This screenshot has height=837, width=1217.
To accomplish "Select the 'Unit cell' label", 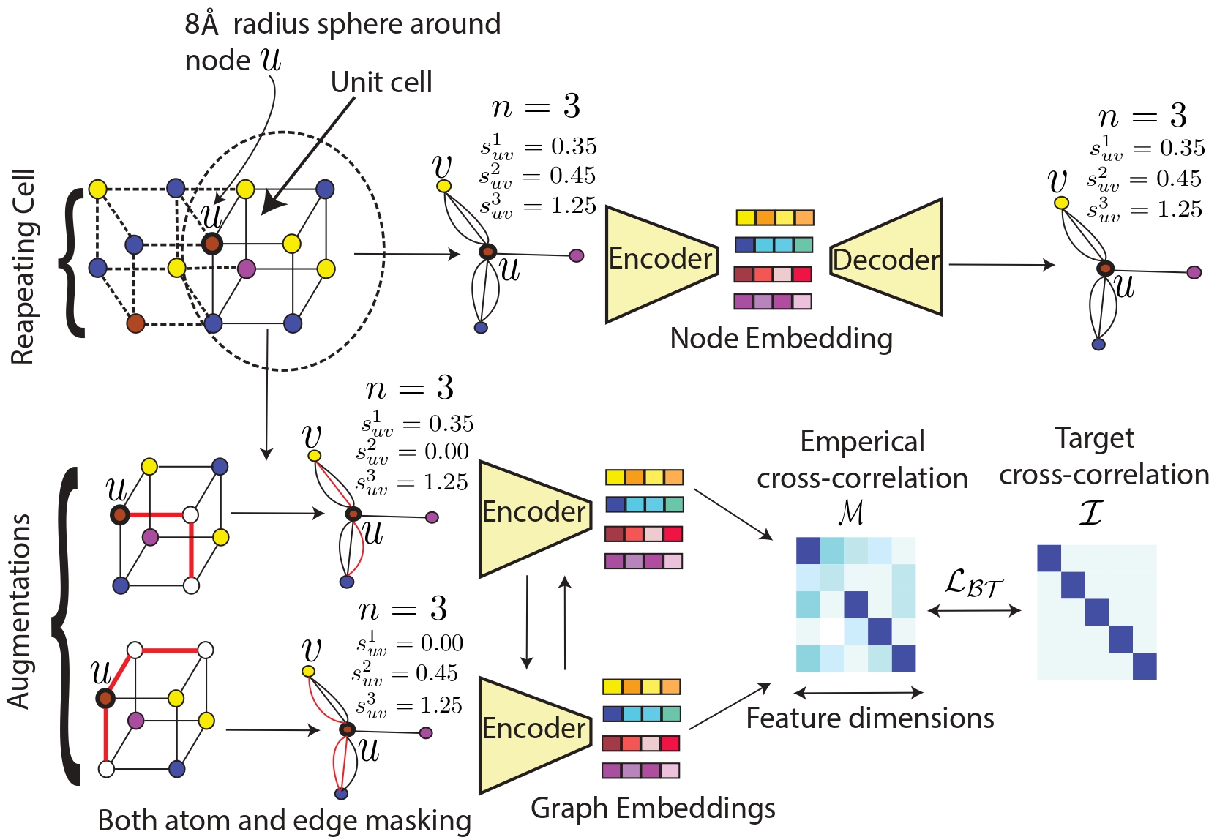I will [381, 82].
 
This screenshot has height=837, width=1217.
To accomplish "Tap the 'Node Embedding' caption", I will [781, 338].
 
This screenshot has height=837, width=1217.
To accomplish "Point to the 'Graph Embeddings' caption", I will [653, 808].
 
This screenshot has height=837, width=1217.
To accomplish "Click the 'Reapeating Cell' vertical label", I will [23, 267].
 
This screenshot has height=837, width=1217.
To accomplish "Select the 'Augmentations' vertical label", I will [19, 612].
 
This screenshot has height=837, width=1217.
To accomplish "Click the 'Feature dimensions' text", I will [869, 718].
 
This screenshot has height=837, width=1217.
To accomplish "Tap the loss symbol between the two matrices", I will [973, 584].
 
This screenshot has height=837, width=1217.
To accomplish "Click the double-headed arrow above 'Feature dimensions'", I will [858, 692].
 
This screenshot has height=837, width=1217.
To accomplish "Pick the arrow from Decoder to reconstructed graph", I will [1000, 264].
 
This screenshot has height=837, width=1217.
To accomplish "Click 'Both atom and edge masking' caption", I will [284, 821].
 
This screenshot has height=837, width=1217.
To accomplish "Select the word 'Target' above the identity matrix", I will [1094, 438].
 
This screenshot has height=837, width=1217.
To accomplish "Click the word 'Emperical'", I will [862, 442].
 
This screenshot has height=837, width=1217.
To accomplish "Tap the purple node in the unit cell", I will [247, 269].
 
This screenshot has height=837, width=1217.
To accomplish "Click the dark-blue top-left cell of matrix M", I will [808, 550].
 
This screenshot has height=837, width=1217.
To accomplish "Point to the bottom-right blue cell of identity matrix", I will [1145, 666].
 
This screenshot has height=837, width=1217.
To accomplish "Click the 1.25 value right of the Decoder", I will [1179, 210].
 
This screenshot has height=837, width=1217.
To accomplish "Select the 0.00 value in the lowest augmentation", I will [441, 643].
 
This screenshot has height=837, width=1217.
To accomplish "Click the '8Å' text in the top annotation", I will [202, 24].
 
